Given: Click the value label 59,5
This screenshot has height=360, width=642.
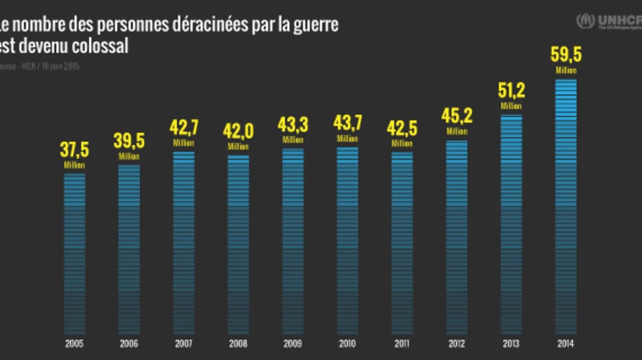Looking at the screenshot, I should pyautogui.click(x=566, y=56).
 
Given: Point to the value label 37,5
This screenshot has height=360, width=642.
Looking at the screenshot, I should pyautogui.click(x=74, y=150).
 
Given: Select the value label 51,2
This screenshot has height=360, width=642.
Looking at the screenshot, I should pyautogui.click(x=511, y=92).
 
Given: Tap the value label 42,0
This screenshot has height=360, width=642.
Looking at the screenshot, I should pyautogui.click(x=238, y=133).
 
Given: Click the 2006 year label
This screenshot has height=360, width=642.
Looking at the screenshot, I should pyautogui.click(x=129, y=344).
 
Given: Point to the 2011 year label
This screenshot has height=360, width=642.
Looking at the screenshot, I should pyautogui.click(x=402, y=344).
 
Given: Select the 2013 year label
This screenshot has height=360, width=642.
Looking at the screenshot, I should pyautogui.click(x=511, y=344).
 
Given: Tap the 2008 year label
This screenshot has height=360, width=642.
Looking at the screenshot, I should pyautogui.click(x=238, y=344).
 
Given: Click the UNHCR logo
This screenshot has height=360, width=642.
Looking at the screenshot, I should pyautogui.click(x=608, y=21).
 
